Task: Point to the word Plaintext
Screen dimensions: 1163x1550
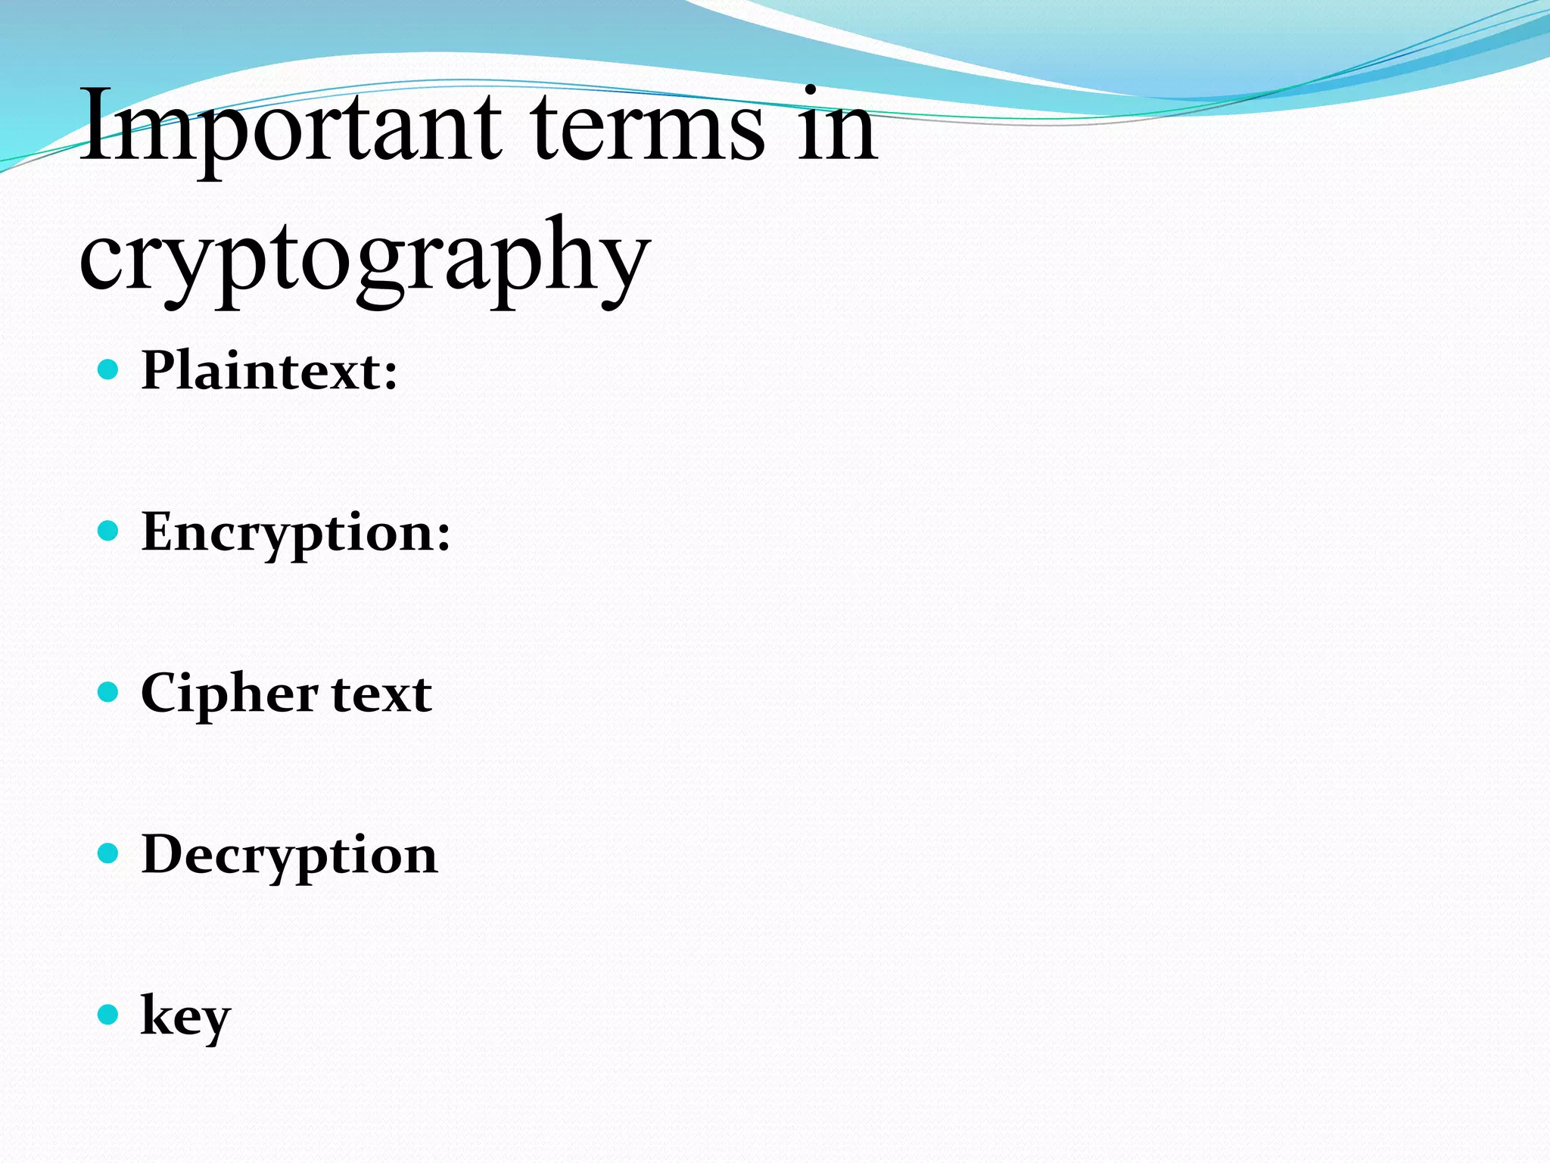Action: [261, 371]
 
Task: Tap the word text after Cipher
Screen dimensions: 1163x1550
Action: [381, 694]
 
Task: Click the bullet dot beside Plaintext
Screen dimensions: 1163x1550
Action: [109, 369]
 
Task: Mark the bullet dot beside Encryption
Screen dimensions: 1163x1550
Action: [109, 531]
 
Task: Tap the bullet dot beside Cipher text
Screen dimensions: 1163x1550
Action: [109, 692]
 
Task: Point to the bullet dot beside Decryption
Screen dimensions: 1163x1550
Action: [109, 853]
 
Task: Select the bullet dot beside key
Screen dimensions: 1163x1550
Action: [109, 1015]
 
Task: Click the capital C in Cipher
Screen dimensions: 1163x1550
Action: [161, 693]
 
